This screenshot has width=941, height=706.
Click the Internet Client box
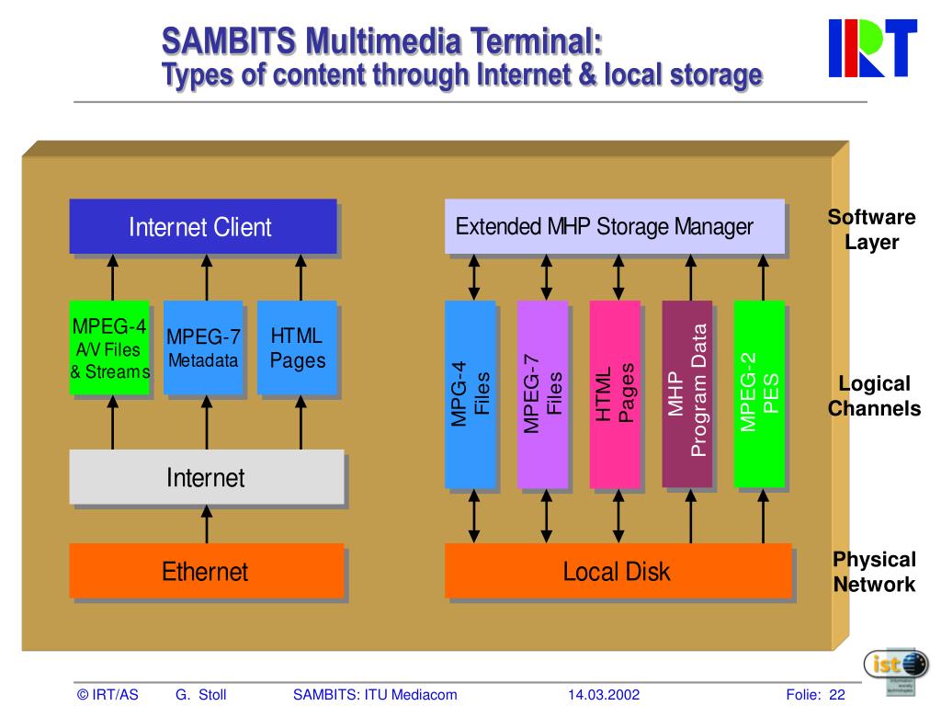click(x=202, y=226)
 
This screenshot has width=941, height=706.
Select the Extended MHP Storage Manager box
click(x=614, y=226)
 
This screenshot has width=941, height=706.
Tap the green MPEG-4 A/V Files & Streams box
click(x=109, y=347)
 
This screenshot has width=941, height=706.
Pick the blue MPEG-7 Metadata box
click(x=202, y=347)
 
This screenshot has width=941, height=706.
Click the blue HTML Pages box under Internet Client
click(x=296, y=347)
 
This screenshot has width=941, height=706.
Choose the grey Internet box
click(x=206, y=477)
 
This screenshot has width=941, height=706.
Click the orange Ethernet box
click(x=206, y=571)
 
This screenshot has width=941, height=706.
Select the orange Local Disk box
click(x=618, y=571)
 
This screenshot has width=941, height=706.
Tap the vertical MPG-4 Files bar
click(x=470, y=393)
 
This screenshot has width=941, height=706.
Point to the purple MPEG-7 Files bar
click(x=542, y=393)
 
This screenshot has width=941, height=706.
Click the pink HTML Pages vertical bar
click(x=614, y=393)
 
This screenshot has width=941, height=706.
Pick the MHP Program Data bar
click(x=686, y=393)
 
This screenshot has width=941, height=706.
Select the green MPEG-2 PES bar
click(x=759, y=393)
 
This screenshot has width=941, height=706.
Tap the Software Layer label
click(x=871, y=230)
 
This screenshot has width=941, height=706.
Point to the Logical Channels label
click(x=874, y=396)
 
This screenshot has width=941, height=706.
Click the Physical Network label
click(x=874, y=572)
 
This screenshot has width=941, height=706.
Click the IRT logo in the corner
click(x=872, y=48)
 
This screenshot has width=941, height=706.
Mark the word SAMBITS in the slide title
click(x=229, y=40)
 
